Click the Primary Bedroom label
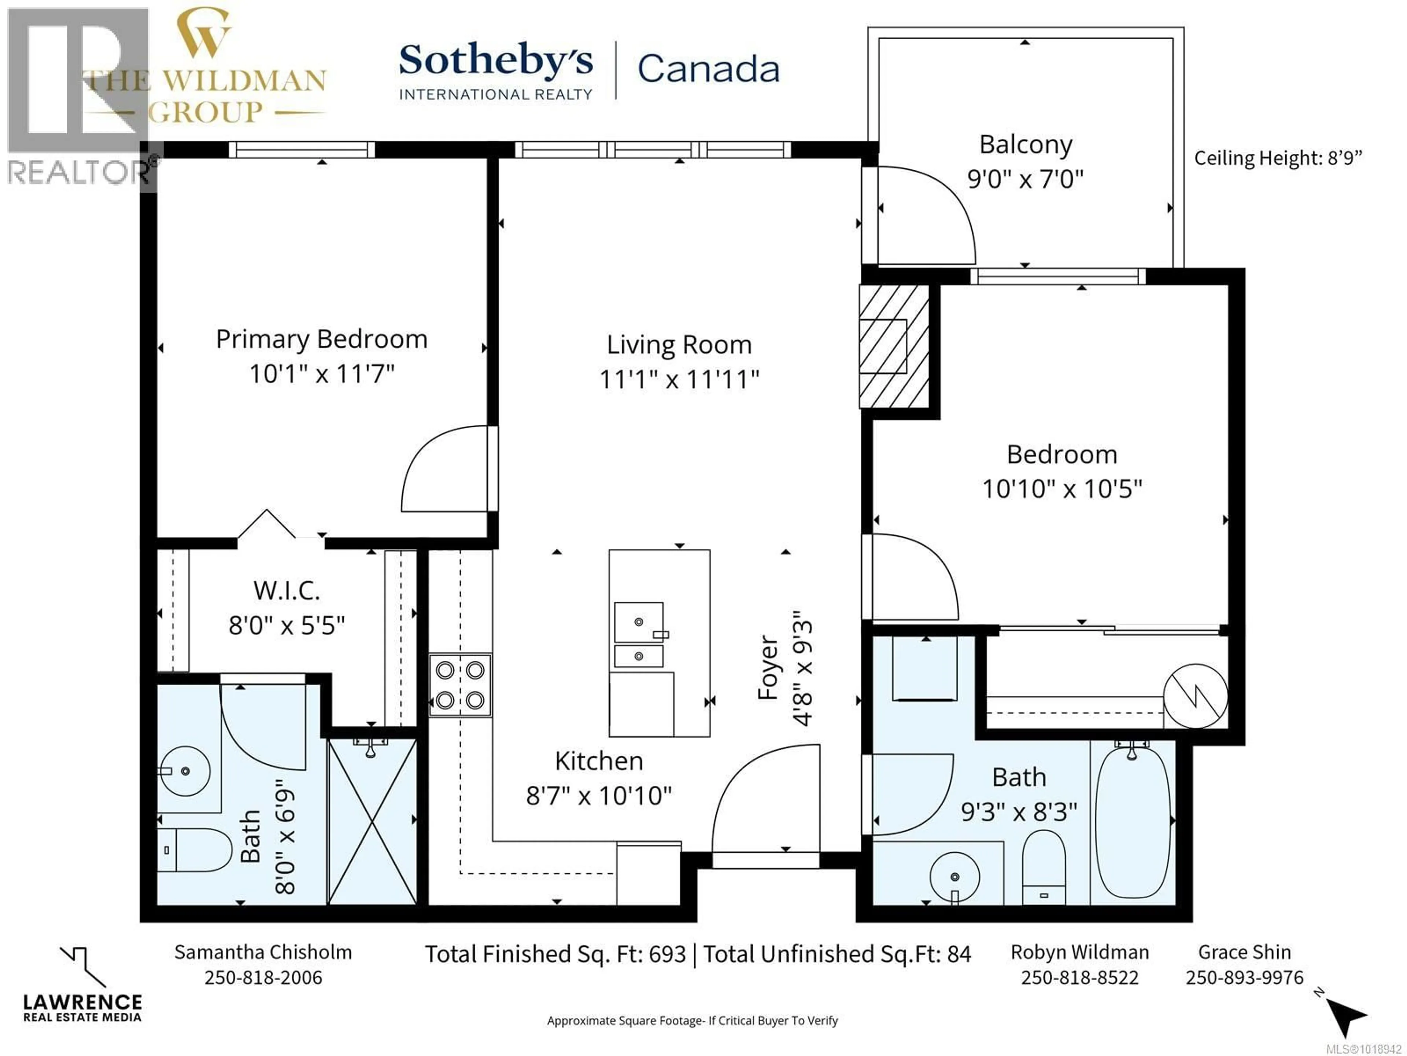[321, 339]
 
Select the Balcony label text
[1025, 145]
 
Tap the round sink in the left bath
[184, 771]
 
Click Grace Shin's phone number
[1244, 977]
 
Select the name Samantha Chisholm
[263, 952]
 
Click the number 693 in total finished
[667, 954]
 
